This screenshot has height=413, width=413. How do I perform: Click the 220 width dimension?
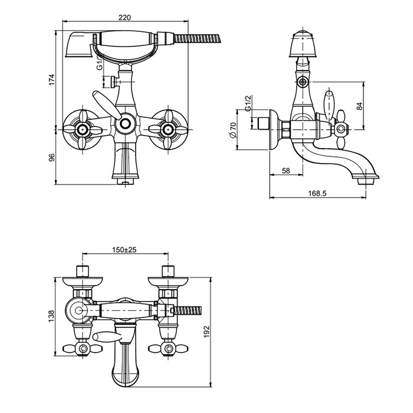[x=124, y=18]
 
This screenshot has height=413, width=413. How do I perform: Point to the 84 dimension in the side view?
[x=359, y=106]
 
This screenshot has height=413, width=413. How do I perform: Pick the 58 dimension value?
[x=286, y=171]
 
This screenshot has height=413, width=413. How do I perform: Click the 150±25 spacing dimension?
[x=124, y=250]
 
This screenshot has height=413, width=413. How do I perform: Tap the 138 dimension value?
[x=51, y=316]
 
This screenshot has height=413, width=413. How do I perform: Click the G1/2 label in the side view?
[x=248, y=110]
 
